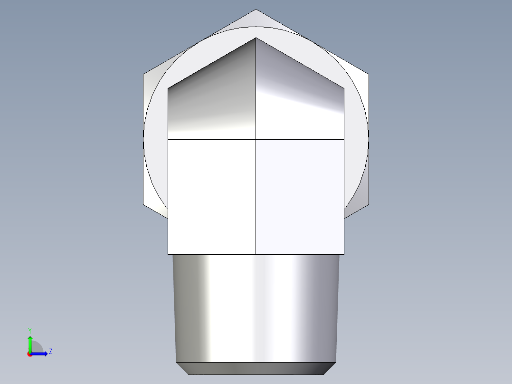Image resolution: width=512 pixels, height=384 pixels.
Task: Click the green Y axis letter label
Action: point(29,330)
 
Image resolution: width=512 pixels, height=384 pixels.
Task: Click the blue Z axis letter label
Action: point(50,351)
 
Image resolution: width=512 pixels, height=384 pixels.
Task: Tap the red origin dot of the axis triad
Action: point(30,354)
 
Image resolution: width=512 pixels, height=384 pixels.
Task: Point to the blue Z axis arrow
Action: point(41,354)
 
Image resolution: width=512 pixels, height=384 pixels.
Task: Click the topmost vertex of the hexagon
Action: point(256,10)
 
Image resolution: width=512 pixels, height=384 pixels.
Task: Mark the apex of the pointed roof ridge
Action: point(256,38)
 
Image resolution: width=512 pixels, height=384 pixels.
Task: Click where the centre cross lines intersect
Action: point(256,139)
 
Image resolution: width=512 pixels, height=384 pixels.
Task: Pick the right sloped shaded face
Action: point(299,95)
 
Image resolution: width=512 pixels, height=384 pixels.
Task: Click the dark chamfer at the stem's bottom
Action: point(256,368)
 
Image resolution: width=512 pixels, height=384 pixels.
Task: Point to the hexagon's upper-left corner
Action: point(143,74)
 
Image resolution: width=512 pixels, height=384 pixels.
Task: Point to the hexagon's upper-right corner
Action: point(369,74)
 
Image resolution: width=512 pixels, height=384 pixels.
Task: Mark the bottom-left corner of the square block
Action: point(168,254)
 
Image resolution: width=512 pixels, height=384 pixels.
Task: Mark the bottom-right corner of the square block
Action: point(344,254)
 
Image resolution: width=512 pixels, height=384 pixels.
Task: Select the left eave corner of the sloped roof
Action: point(168,88)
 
